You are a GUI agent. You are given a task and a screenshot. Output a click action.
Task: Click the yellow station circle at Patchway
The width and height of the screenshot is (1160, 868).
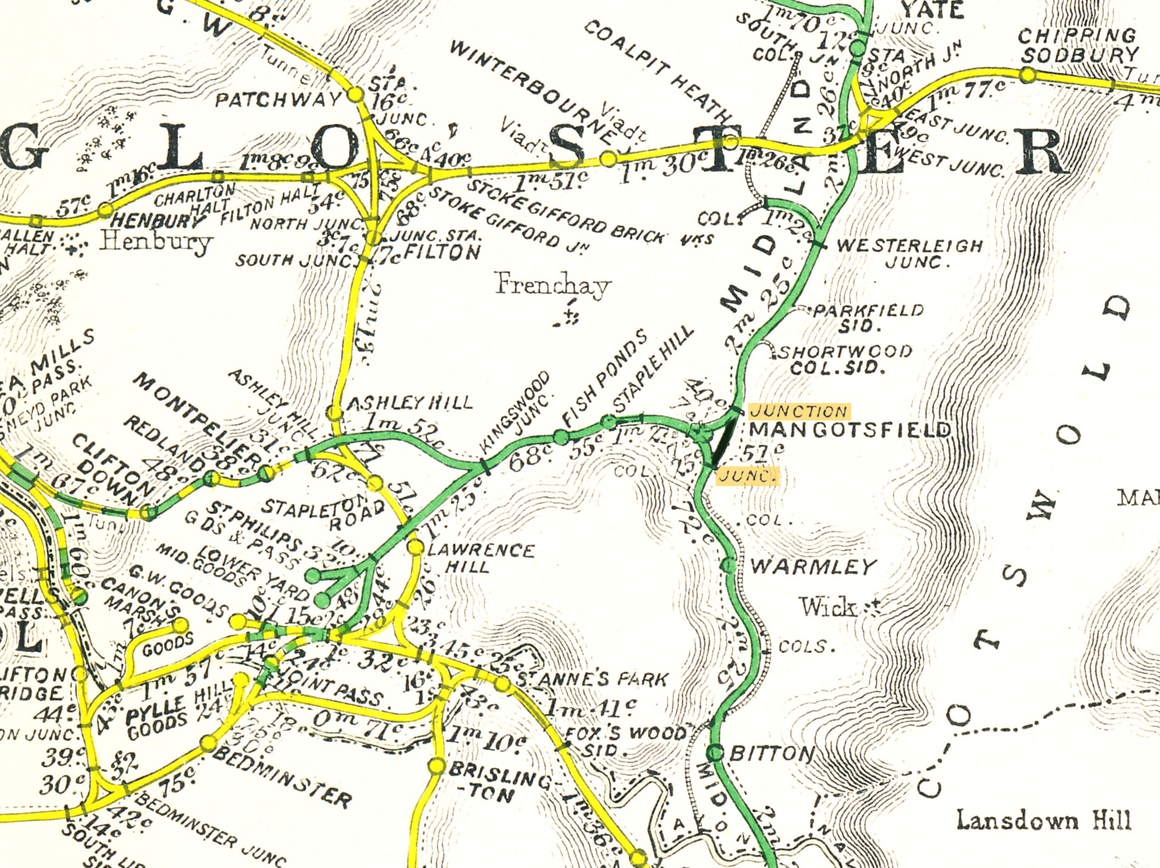click(x=356, y=95)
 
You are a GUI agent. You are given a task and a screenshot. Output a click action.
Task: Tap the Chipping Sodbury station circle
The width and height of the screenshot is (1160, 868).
click(x=1028, y=75)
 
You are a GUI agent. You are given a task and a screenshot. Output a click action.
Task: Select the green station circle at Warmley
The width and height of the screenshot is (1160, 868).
click(x=729, y=566)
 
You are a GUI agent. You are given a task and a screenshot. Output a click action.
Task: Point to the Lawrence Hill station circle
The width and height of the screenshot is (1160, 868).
click(x=415, y=547)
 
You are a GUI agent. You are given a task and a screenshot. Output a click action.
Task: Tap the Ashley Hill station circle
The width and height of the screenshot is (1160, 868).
click(x=334, y=413)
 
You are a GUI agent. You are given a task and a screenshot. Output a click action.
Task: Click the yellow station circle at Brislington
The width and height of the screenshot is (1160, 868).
click(x=437, y=766)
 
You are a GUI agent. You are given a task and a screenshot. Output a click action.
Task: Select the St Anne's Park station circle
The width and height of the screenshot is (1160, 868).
click(x=502, y=684)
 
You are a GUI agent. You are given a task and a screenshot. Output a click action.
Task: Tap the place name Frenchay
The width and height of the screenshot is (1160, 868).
click(x=553, y=286)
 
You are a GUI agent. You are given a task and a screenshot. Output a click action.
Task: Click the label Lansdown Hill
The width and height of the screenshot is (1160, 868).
click(x=1043, y=820)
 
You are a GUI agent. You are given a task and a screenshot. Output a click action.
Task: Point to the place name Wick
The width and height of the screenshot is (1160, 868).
click(x=827, y=607)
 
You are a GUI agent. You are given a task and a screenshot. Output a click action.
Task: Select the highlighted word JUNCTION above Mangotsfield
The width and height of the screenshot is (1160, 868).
click(x=799, y=411)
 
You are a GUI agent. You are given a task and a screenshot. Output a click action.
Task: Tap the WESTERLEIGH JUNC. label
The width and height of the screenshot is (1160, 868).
click(x=909, y=253)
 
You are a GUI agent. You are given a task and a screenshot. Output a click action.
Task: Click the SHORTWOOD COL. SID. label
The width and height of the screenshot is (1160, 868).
click(x=845, y=359)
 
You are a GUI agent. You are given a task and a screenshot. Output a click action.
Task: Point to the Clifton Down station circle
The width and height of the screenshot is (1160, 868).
click(x=149, y=512)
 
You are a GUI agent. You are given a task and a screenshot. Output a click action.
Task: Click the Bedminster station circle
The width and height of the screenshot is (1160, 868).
click(x=209, y=743)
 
